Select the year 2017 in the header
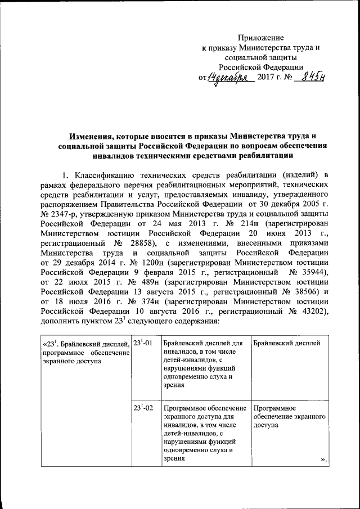coord(265,78)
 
